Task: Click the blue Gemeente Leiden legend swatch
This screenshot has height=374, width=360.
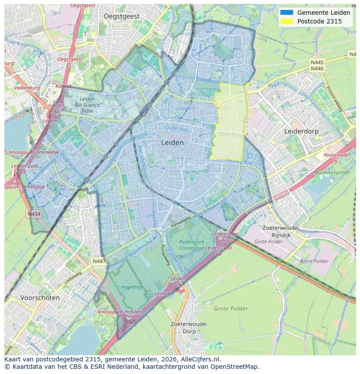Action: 287,13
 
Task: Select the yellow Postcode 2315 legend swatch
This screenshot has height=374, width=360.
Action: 287,21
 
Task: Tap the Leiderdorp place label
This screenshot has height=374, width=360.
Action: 301,131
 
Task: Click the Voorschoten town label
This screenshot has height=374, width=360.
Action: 40,298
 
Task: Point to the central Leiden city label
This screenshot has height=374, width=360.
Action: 172,142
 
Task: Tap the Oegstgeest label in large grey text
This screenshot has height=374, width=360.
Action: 122,16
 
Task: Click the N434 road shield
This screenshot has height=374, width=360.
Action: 34,214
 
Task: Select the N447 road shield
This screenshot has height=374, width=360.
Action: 98,261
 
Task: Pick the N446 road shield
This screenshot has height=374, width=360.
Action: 317,69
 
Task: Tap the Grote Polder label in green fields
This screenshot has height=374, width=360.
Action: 230,309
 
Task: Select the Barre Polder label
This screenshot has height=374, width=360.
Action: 314,261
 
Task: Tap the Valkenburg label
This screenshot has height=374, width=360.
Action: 27,88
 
